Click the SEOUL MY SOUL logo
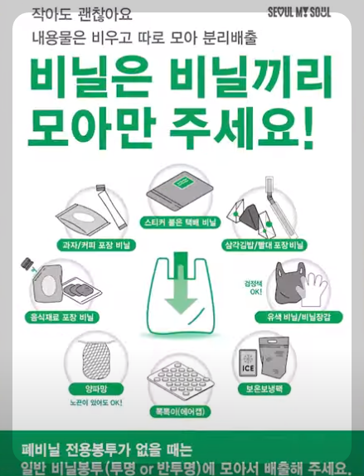pyautogui.click(x=299, y=12)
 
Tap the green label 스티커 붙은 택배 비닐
pyautogui.click(x=180, y=222)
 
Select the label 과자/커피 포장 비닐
pyautogui.click(x=96, y=245)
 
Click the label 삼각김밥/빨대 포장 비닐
pyautogui.click(x=265, y=245)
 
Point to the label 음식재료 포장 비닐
pyautogui.click(x=62, y=318)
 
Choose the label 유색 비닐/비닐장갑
pyautogui.click(x=298, y=318)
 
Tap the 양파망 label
pyautogui.click(x=96, y=389)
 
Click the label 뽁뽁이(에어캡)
pyautogui.click(x=180, y=411)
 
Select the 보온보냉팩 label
pyautogui.click(x=265, y=389)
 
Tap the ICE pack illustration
pyautogui.click(x=248, y=363)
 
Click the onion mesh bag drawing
pyautogui.click(x=96, y=358)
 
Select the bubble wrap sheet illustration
pyautogui.click(x=181, y=380)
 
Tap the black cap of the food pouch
pyautogui.click(x=27, y=263)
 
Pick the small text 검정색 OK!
pyautogui.click(x=254, y=288)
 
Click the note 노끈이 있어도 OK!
pyautogui.click(x=96, y=403)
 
